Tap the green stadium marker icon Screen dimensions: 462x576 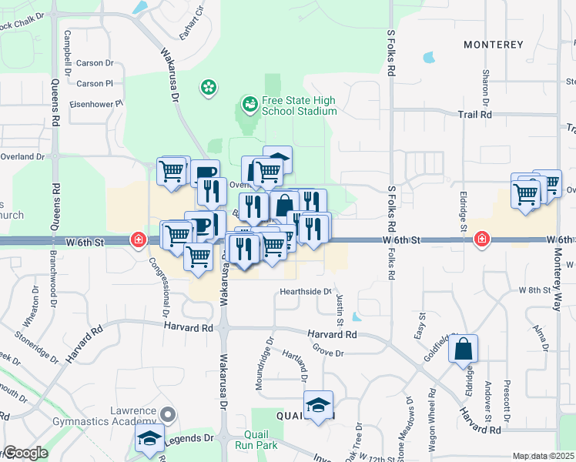(x=249, y=102)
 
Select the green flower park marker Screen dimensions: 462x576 (x=208, y=88)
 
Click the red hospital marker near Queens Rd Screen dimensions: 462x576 (x=139, y=239)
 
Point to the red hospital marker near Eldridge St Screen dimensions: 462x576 (x=482, y=239)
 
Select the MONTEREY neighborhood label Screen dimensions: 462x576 (x=494, y=45)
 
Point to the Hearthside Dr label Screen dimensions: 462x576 (x=305, y=292)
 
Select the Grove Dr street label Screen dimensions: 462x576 (x=328, y=353)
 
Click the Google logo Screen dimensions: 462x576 (x=24, y=454)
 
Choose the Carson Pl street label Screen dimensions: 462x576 (x=95, y=83)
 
